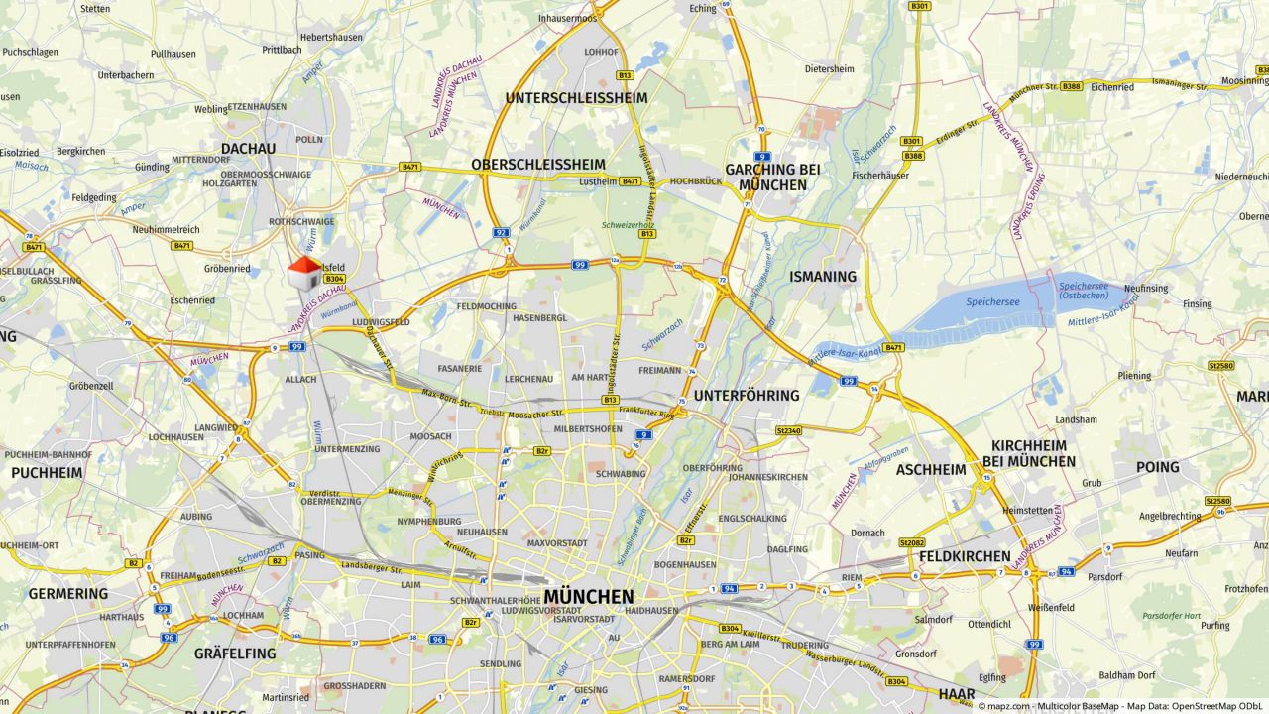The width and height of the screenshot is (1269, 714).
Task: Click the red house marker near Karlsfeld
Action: pyautogui.click(x=304, y=273)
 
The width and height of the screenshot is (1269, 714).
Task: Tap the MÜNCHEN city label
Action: pyautogui.click(x=588, y=597)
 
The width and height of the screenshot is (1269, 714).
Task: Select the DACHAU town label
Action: pyautogui.click(x=248, y=148)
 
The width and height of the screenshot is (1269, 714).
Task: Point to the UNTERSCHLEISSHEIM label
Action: pyautogui.click(x=576, y=98)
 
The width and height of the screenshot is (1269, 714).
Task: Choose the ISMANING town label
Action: pyautogui.click(x=823, y=277)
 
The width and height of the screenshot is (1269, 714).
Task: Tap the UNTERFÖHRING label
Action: pyautogui.click(x=747, y=396)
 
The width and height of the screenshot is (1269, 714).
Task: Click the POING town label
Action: pyautogui.click(x=1157, y=467)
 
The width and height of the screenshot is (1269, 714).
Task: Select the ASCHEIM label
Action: pyautogui.click(x=931, y=470)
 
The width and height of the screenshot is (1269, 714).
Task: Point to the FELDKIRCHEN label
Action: pyautogui.click(x=965, y=556)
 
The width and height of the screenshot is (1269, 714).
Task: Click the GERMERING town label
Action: pyautogui.click(x=67, y=594)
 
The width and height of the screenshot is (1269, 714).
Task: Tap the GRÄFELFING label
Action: pyautogui.click(x=235, y=654)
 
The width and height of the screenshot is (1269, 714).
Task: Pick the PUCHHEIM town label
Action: pyautogui.click(x=47, y=473)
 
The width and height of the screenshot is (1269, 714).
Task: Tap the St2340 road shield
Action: pyautogui.click(x=788, y=431)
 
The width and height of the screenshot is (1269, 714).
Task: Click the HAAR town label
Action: pyautogui.click(x=957, y=693)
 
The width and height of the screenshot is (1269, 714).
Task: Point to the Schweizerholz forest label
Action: pyautogui.click(x=624, y=225)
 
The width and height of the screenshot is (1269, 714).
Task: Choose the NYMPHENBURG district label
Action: pyautogui.click(x=428, y=521)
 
